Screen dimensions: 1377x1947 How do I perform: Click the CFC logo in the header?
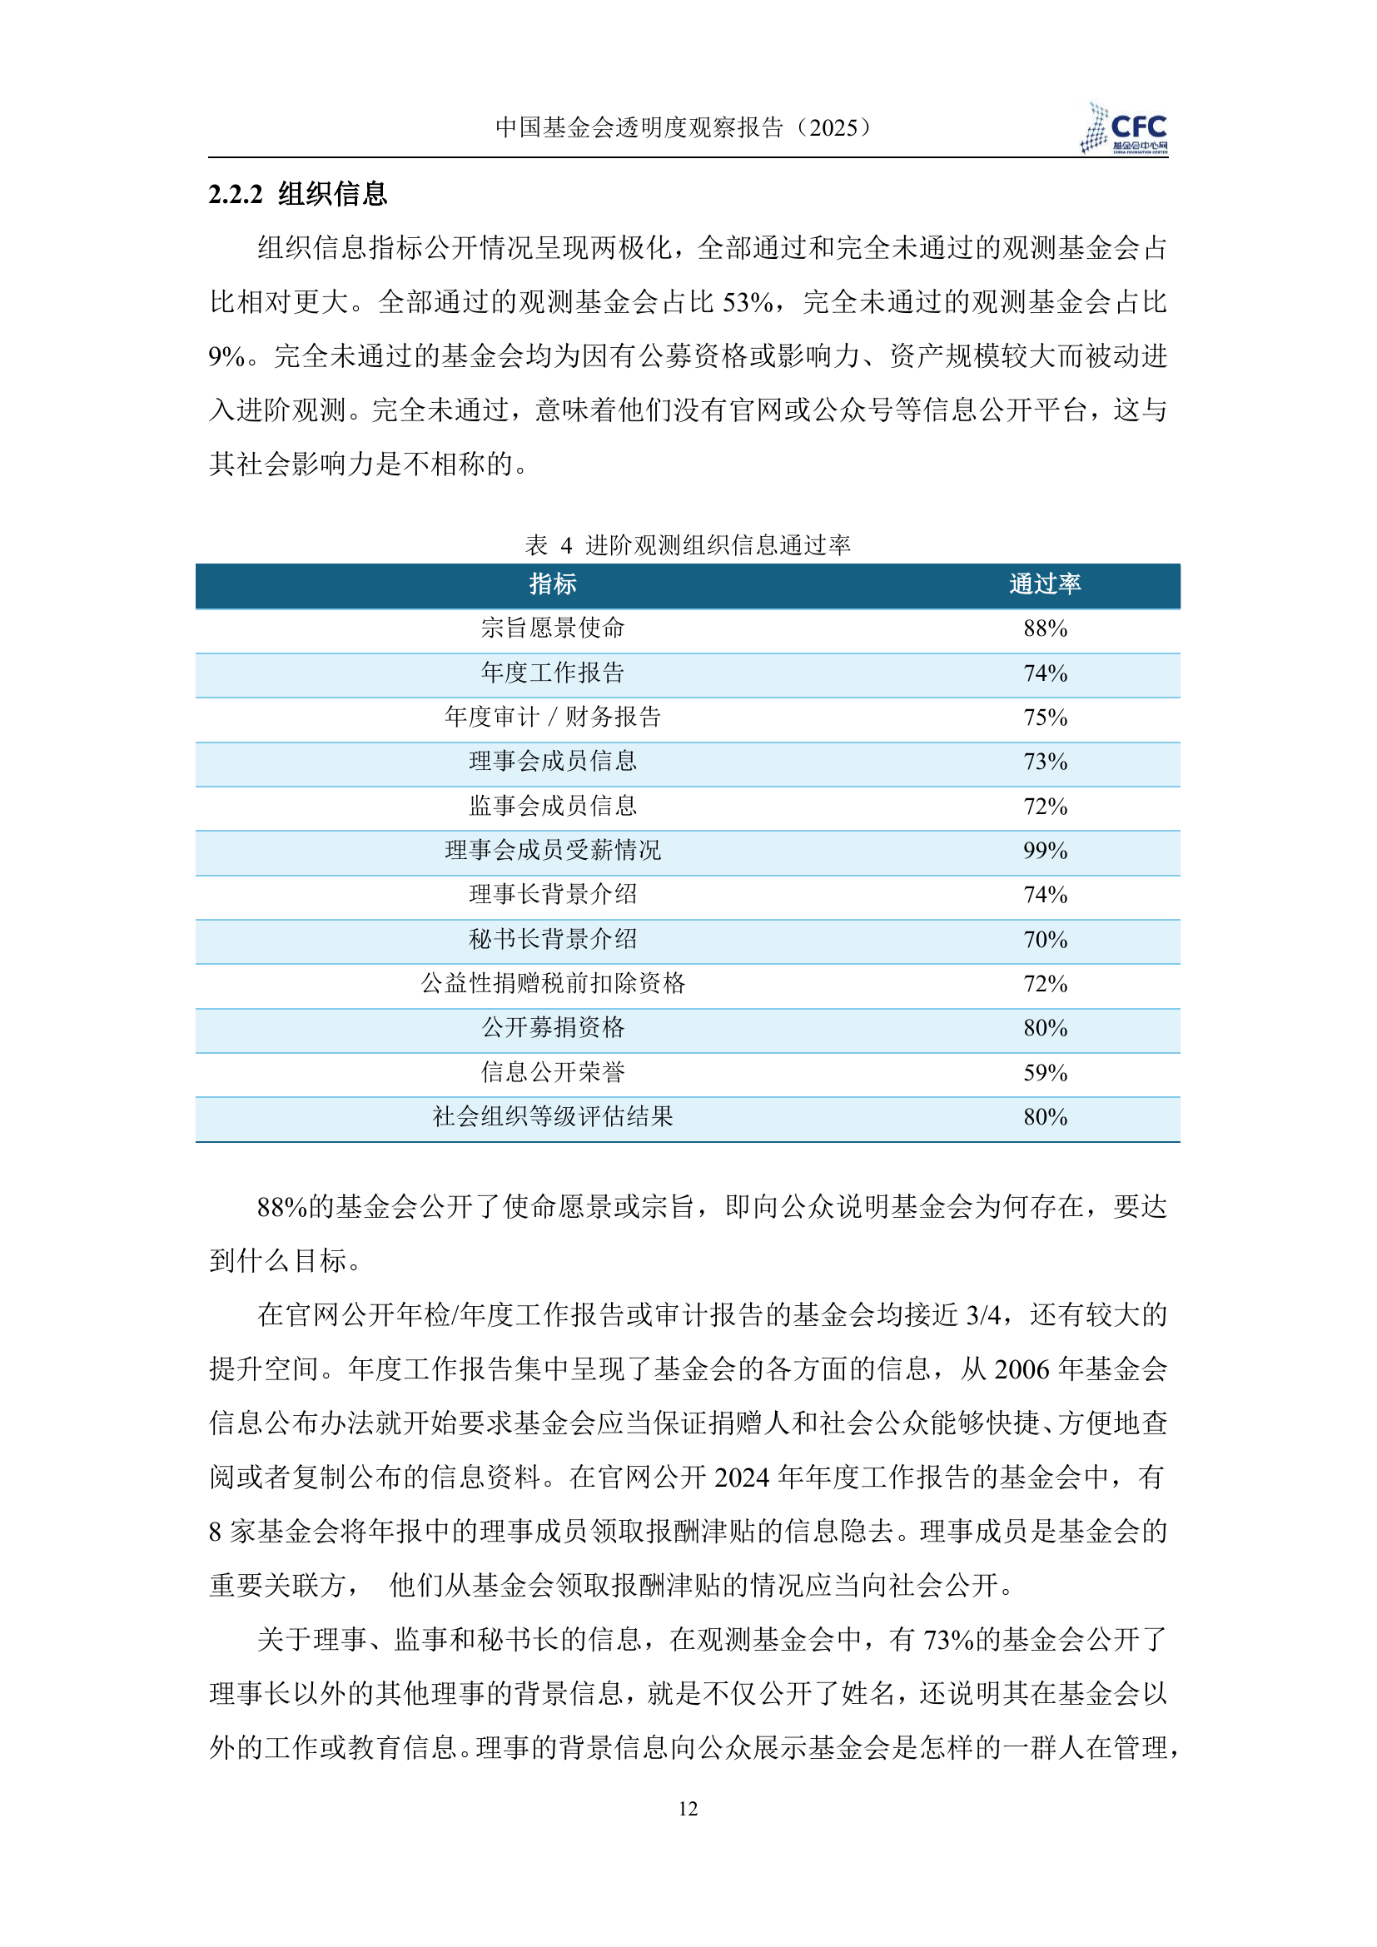tap(1126, 129)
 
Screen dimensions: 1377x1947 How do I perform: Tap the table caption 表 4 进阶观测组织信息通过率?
tap(688, 544)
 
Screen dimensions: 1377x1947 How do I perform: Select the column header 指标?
tap(553, 584)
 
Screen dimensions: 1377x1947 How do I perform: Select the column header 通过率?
tap(1045, 584)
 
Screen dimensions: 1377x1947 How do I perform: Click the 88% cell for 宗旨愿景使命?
tap(1045, 628)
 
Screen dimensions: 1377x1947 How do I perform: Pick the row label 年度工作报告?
tap(553, 673)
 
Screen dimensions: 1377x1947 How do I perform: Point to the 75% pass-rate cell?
tap(1045, 718)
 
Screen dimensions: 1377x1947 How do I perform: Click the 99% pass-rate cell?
tap(1045, 851)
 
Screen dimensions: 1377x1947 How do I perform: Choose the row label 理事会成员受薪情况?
tap(553, 851)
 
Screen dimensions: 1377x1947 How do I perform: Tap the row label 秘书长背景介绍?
tap(553, 940)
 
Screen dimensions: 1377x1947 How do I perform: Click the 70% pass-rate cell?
tap(1045, 940)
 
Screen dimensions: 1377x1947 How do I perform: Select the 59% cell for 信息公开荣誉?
tap(1045, 1073)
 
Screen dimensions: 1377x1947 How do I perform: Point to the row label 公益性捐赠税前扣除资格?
tap(553, 984)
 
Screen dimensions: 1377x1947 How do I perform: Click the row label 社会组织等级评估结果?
tap(553, 1117)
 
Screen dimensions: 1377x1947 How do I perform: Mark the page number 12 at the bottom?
tap(688, 1809)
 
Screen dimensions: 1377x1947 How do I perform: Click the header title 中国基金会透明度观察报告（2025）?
tap(684, 127)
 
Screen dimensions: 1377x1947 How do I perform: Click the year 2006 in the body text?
tap(1021, 1369)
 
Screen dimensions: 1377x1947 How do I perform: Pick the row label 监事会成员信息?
tap(553, 807)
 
